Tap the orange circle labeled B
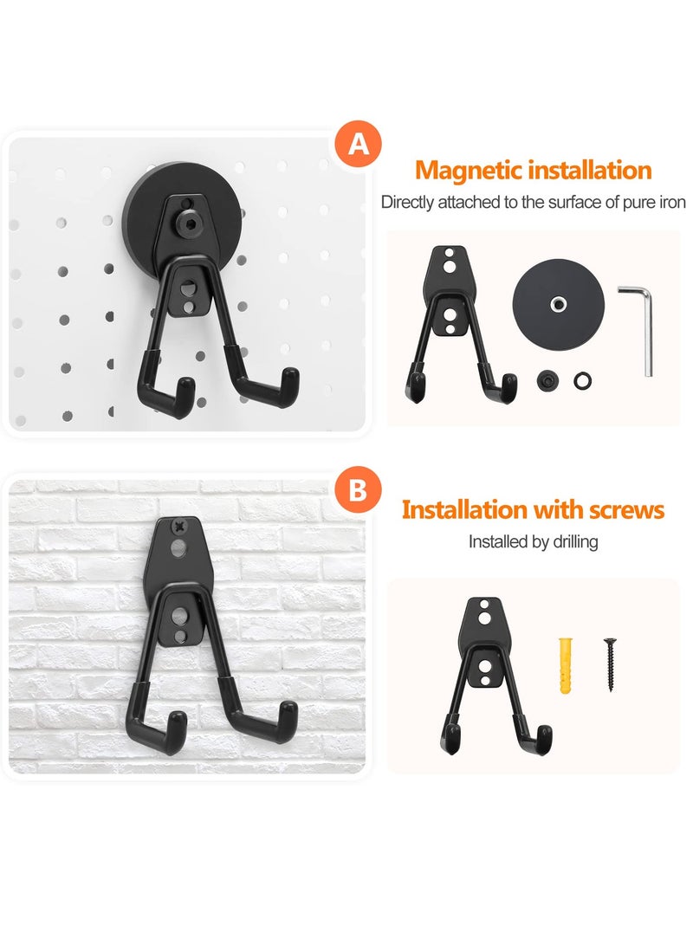[358, 491]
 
